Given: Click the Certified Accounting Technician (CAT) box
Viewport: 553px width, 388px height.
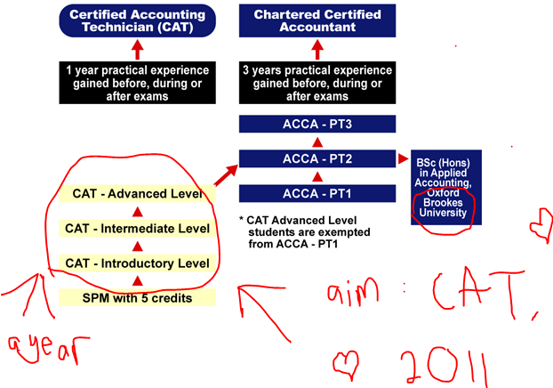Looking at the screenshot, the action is point(137,20).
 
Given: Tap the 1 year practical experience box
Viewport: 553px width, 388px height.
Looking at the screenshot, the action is point(137,83).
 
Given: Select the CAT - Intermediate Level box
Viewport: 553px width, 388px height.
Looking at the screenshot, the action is point(137,229).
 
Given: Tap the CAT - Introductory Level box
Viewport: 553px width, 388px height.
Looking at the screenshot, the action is point(137,263).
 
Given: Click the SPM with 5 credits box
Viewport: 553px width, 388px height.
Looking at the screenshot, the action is point(137,296).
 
